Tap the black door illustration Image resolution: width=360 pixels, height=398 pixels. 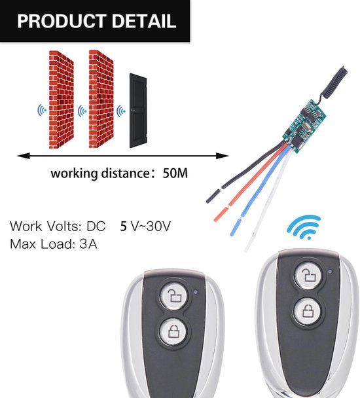(x=138, y=111)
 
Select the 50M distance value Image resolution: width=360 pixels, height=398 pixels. (x=175, y=173)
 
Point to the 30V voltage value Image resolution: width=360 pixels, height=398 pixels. (x=158, y=226)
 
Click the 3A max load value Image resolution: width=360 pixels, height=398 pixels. (x=88, y=244)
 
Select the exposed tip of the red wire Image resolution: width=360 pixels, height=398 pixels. (x=221, y=215)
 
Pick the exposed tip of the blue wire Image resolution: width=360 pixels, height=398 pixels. (x=235, y=226)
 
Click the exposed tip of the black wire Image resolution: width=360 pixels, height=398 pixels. (x=213, y=196)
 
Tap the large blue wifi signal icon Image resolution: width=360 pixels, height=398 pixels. (x=304, y=227)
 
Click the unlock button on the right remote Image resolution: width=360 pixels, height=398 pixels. (x=308, y=276)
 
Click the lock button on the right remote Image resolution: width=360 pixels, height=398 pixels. (x=308, y=312)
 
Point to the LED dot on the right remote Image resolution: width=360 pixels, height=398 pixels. (x=330, y=272)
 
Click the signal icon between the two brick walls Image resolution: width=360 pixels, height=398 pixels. (x=82, y=111)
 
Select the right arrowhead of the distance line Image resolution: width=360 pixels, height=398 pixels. (x=223, y=156)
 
